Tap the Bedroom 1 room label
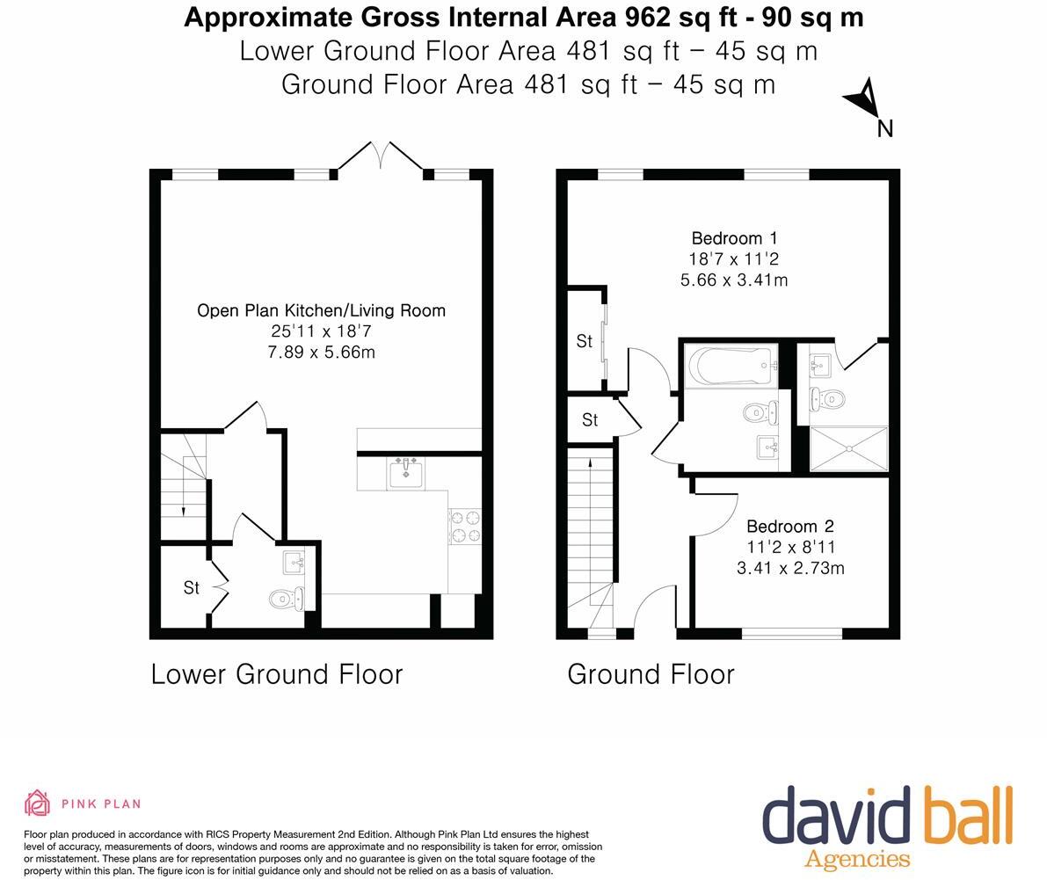734,238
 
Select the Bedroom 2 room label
789,527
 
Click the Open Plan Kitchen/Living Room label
321,310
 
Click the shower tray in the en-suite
849,449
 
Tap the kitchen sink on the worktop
406,473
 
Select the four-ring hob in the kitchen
464,526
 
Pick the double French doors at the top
381,157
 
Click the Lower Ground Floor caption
276,674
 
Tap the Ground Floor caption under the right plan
651,674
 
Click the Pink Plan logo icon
37,803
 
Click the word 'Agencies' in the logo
857,859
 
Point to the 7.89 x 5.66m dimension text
321,352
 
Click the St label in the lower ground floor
191,587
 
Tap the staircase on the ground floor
589,536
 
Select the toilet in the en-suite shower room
828,399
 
